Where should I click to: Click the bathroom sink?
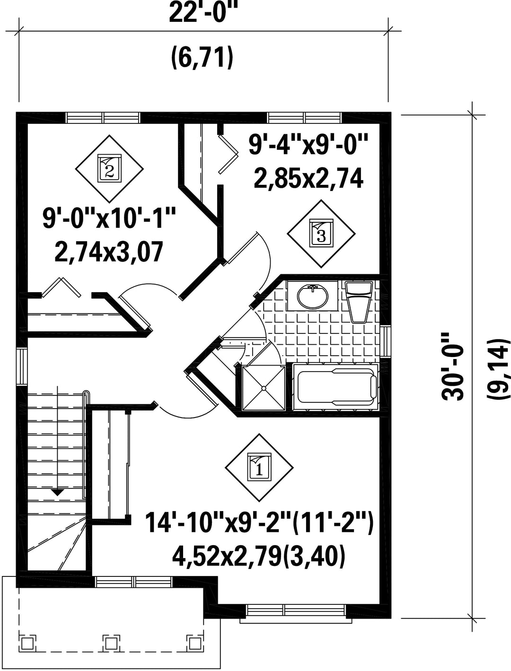point(313,296)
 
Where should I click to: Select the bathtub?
point(335,386)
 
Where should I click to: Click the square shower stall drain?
point(263,388)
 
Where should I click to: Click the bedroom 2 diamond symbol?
point(109,169)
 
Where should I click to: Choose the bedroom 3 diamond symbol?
point(321,234)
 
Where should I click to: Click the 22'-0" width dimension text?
point(203,13)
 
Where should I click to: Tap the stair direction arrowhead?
point(57,492)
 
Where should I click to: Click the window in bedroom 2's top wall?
point(103,118)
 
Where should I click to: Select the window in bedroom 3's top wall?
point(304,118)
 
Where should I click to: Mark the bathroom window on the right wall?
point(385,341)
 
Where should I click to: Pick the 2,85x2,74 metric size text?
point(308,179)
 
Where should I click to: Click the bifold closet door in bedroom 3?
point(228,154)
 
